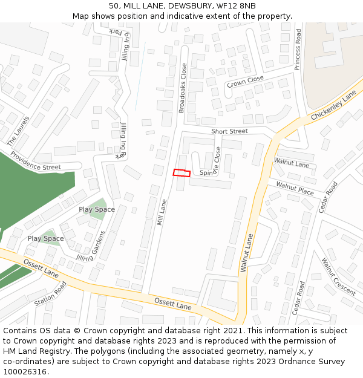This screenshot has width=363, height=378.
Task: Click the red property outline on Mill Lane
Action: coord(181,173)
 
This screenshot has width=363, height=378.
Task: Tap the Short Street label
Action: coord(229,131)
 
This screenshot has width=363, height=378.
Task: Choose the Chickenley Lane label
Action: coord(334,106)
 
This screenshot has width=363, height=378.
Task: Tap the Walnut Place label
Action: coord(295,188)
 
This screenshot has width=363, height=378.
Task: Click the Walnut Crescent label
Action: coord(338,276)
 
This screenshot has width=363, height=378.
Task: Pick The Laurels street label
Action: coord(18,130)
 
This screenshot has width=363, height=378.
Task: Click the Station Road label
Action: coord(50,293)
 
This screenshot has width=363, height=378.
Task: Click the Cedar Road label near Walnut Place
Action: coord(328,197)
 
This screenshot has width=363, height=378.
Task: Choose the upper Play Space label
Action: coord(97,209)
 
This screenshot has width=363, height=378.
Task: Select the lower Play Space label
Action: coord(45,238)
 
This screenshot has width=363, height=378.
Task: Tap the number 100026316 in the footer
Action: coord(25,372)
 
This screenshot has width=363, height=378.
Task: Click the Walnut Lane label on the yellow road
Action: coord(247,253)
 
